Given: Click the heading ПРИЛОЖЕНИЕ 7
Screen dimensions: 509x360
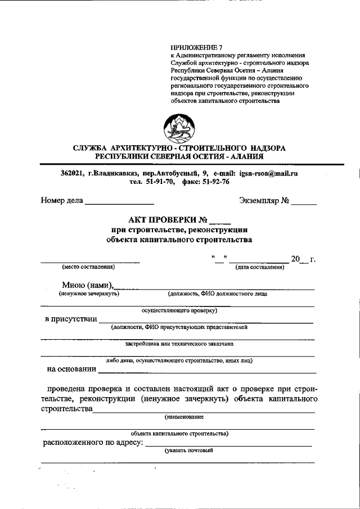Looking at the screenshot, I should click(x=197, y=48).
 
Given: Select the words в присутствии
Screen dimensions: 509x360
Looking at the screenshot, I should click(x=70, y=319).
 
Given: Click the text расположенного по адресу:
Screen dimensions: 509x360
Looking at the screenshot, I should click(x=93, y=443).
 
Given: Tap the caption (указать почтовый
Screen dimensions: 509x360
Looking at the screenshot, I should click(x=188, y=451).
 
